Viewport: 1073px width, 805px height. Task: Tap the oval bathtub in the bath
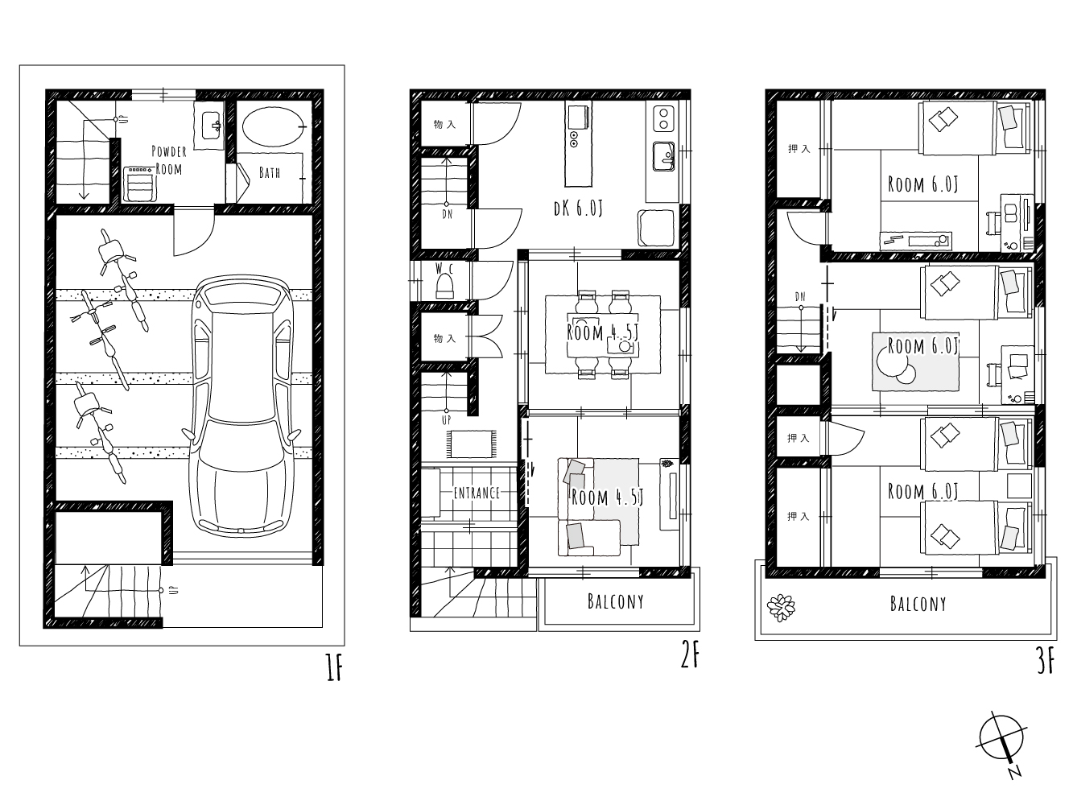click(x=273, y=126)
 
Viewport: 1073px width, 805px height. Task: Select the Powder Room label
click(x=169, y=160)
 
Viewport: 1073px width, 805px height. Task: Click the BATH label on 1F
click(x=270, y=172)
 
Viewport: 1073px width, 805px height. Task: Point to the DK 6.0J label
click(x=578, y=208)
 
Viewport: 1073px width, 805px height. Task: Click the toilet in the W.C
click(x=444, y=286)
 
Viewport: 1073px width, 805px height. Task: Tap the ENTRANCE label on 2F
click(x=477, y=493)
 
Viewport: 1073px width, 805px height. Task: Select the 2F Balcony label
click(x=616, y=601)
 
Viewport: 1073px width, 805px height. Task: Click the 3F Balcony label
click(x=918, y=604)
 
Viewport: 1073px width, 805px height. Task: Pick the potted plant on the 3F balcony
click(x=781, y=608)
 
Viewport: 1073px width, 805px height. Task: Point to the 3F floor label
click(x=1045, y=663)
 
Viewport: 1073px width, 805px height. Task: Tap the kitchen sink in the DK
click(x=664, y=156)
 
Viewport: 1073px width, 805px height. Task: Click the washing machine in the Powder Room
click(x=140, y=184)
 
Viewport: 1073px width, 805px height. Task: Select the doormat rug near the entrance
click(x=471, y=444)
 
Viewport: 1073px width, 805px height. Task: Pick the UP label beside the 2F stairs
click(x=446, y=420)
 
